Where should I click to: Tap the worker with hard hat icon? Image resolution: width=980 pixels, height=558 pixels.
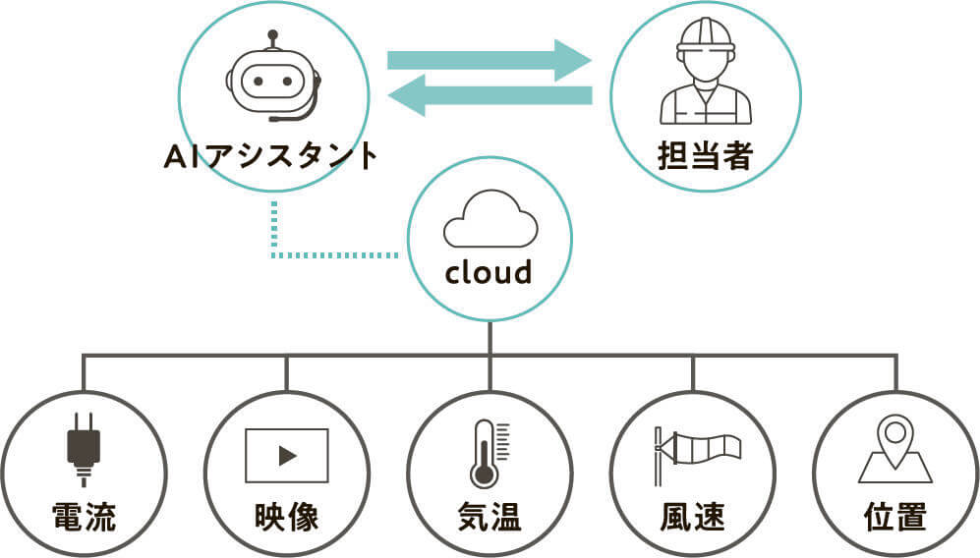click(x=706, y=71)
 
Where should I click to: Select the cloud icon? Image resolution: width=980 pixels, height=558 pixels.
click(x=490, y=219)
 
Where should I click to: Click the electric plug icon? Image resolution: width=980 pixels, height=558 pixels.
click(x=84, y=449)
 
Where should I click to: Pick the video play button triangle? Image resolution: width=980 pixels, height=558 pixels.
click(x=287, y=456)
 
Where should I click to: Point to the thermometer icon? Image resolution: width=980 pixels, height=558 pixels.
click(x=490, y=454)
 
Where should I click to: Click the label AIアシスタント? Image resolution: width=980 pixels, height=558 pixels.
click(x=270, y=155)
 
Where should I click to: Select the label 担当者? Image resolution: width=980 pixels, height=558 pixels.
click(x=705, y=155)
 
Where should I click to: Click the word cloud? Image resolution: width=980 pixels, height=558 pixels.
click(x=489, y=272)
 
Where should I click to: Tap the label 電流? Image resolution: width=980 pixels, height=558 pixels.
click(x=84, y=517)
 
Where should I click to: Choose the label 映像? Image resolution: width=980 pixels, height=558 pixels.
click(x=287, y=517)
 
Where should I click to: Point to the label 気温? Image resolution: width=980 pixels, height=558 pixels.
click(x=490, y=517)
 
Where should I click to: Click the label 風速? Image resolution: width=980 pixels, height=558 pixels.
click(x=693, y=517)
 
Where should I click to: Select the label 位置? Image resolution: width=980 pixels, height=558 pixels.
click(x=895, y=517)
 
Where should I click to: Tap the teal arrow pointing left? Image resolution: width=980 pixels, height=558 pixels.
click(x=490, y=95)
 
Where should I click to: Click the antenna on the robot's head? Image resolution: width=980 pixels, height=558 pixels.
click(x=272, y=39)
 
